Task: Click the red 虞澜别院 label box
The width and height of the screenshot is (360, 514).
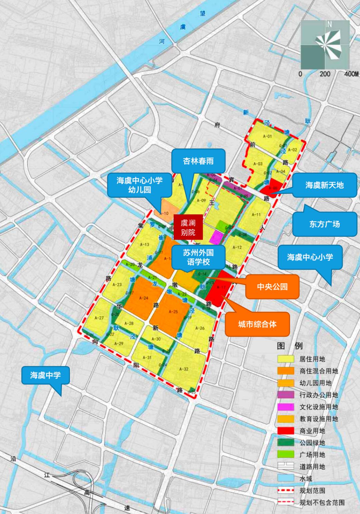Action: point(188,227)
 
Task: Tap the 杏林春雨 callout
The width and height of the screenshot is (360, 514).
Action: point(198,161)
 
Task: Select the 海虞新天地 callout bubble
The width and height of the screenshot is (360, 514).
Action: point(324,185)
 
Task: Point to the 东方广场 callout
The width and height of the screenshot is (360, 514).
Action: point(324,224)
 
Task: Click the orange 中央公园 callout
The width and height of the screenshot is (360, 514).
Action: point(272,287)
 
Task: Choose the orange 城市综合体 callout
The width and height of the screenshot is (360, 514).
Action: point(257,324)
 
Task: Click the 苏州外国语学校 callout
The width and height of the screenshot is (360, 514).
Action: point(198,257)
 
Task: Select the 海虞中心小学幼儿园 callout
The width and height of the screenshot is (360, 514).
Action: point(139,185)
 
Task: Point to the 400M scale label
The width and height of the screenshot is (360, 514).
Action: point(351,74)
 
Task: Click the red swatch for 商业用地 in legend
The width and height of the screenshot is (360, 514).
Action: point(286,431)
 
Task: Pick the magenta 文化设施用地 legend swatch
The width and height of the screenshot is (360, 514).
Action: point(286,407)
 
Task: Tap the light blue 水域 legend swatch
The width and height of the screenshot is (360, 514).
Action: point(286,478)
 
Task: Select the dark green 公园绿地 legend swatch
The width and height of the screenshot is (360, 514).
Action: point(286,443)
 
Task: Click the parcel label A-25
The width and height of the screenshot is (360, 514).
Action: point(173,312)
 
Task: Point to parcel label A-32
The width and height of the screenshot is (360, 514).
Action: point(184,369)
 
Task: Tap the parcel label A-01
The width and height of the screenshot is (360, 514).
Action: point(267,136)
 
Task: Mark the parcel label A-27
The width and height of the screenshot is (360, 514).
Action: point(99,318)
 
